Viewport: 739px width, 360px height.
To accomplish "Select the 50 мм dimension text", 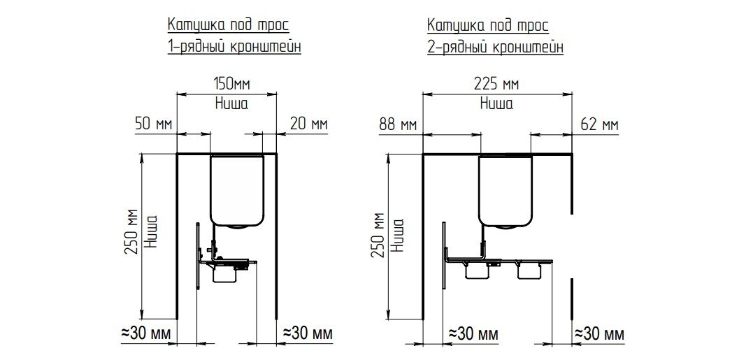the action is (154, 124).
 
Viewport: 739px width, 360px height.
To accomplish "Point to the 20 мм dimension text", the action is (309, 124).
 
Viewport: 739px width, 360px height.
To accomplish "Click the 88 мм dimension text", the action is (398, 125).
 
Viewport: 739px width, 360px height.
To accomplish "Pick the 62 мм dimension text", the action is (599, 125).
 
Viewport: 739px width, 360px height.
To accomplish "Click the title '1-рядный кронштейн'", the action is (234, 47).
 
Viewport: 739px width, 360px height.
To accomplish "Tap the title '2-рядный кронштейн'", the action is (495, 47).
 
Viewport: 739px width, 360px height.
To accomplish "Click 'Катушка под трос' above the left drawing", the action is (228, 24).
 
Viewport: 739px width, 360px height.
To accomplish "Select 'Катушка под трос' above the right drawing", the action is (488, 24).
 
